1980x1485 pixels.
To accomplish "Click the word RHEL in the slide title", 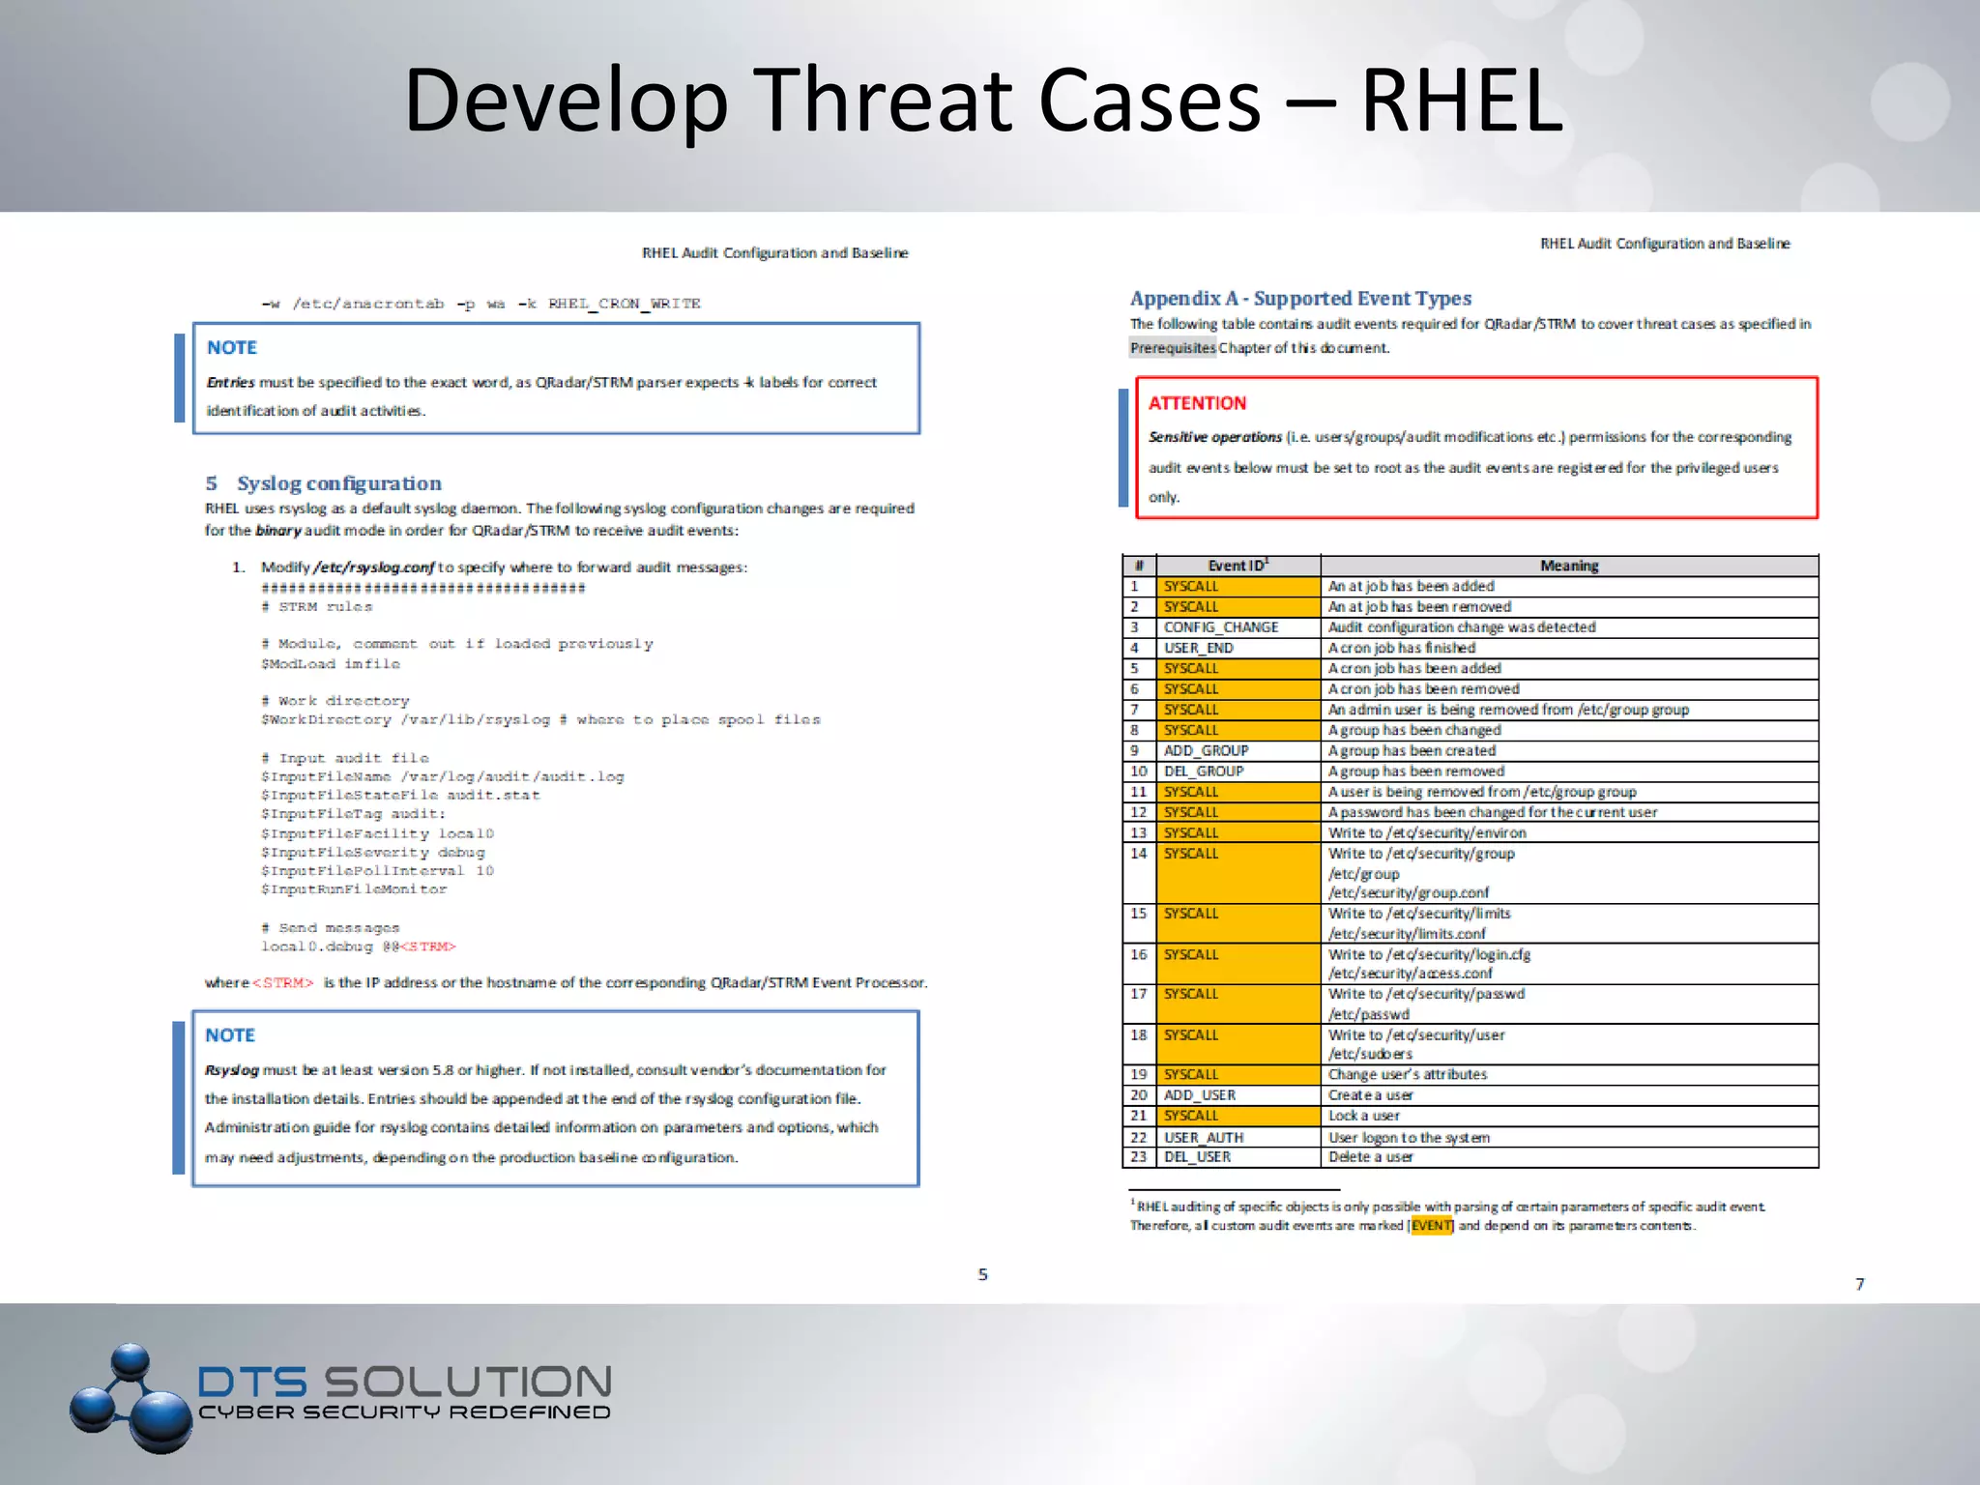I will click(1461, 101).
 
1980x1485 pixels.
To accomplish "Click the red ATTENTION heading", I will click(1197, 403).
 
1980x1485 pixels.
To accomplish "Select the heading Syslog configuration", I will click(339, 483).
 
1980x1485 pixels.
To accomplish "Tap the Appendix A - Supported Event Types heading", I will click(1300, 299).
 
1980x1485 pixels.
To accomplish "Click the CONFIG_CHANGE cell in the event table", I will click(1221, 627).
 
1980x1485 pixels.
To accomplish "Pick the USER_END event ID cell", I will click(1199, 648).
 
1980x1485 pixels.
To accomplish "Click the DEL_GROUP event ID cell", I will click(1204, 772).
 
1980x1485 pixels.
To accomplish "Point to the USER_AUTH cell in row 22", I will click(1204, 1137).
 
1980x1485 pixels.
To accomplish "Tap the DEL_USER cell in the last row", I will click(1197, 1157).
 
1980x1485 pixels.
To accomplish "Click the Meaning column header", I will click(1568, 566).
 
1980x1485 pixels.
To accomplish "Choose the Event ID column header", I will click(1237, 566).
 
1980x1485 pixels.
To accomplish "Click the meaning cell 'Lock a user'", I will click(1363, 1116).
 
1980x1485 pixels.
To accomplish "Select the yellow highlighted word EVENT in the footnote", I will click(1431, 1226).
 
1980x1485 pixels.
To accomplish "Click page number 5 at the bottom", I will click(982, 1275).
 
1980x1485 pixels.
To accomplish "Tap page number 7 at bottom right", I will click(1859, 1284).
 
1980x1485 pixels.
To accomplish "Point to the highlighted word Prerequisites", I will click(1173, 348).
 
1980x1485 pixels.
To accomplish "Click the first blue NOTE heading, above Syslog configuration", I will click(231, 347).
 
